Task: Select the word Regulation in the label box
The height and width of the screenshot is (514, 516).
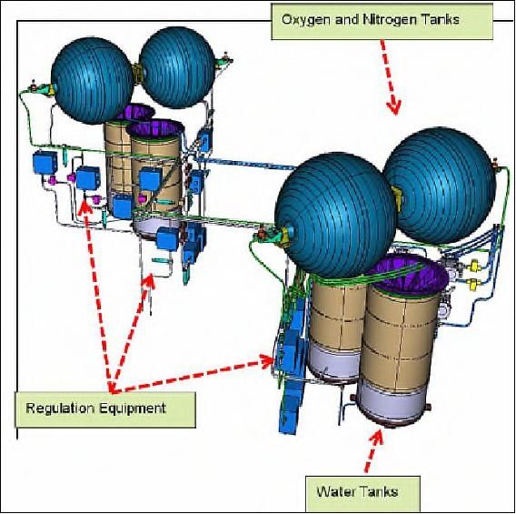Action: pyautogui.click(x=60, y=408)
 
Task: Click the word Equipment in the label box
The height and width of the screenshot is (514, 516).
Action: pyautogui.click(x=132, y=408)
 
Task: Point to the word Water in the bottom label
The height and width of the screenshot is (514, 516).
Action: pyautogui.click(x=334, y=492)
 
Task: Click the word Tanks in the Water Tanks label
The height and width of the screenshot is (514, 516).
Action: pyautogui.click(x=377, y=492)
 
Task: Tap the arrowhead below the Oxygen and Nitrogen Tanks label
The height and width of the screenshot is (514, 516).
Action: pyautogui.click(x=393, y=107)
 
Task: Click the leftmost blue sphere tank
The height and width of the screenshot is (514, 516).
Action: pyautogui.click(x=92, y=81)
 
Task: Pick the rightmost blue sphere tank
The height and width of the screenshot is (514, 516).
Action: pyautogui.click(x=440, y=186)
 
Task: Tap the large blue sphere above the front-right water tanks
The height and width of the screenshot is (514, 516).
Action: pyautogui.click(x=335, y=214)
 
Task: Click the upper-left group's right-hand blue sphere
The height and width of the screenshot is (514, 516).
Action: pyautogui.click(x=177, y=67)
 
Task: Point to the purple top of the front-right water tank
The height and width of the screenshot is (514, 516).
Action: pyautogui.click(x=408, y=272)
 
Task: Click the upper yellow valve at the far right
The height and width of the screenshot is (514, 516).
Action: pyautogui.click(x=474, y=266)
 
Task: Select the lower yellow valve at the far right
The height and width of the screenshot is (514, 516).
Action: pyautogui.click(x=473, y=284)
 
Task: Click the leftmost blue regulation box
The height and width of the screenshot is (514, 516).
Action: pyautogui.click(x=45, y=162)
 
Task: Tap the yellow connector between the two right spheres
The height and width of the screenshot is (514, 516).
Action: pyautogui.click(x=397, y=198)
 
